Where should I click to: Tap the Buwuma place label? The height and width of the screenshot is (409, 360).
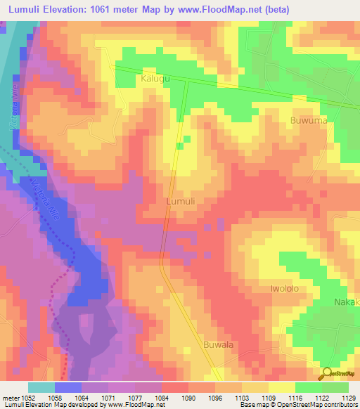click(309, 121)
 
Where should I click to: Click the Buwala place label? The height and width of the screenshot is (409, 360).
click(218, 344)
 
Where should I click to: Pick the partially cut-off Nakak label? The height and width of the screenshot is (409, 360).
click(346, 302)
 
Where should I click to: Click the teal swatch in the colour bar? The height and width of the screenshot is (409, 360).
click(41, 387)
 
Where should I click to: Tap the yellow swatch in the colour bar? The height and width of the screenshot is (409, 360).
click(281, 387)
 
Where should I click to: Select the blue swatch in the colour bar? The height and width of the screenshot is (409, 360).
click(68, 387)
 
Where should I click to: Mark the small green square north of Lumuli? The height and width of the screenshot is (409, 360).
click(179, 146)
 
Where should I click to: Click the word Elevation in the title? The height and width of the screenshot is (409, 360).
click(63, 8)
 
